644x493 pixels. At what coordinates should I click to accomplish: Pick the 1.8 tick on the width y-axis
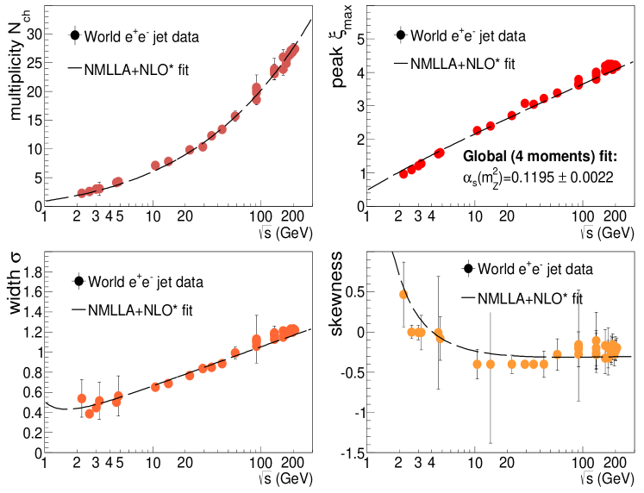29,272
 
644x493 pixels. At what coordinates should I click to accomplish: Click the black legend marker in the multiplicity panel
75,36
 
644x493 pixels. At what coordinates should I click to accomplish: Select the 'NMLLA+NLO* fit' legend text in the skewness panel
529,299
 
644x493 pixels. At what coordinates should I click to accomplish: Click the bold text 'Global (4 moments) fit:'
540,157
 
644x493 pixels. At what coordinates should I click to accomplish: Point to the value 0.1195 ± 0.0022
577,178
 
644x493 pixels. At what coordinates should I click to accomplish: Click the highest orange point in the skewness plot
403,295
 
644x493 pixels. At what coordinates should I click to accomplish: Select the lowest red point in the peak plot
403,174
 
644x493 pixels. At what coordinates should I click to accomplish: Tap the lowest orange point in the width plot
89,414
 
